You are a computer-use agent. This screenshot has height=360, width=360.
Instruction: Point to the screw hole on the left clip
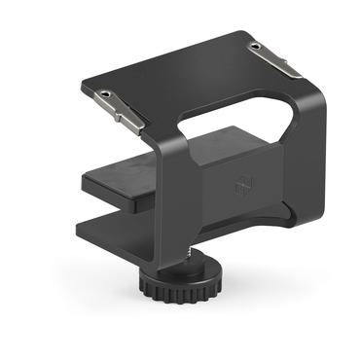(104, 94)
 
